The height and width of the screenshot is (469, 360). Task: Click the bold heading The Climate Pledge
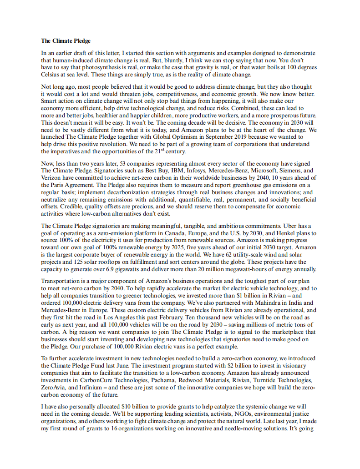click(66, 41)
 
